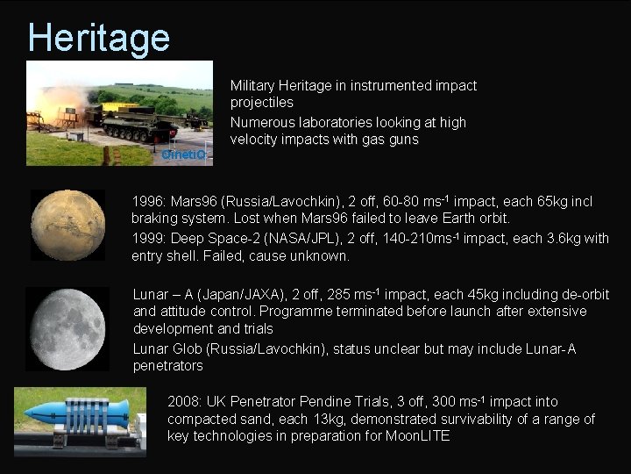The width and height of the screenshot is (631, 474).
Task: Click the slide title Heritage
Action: [98, 38]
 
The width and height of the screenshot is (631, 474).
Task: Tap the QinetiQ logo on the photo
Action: [183, 154]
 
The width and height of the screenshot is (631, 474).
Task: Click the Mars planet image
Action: [67, 225]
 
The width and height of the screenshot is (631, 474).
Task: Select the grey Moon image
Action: [67, 329]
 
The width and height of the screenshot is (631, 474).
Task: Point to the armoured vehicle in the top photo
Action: [140, 122]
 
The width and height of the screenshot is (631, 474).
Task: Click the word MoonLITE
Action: [418, 436]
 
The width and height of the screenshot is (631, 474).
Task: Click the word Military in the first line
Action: [252, 86]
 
